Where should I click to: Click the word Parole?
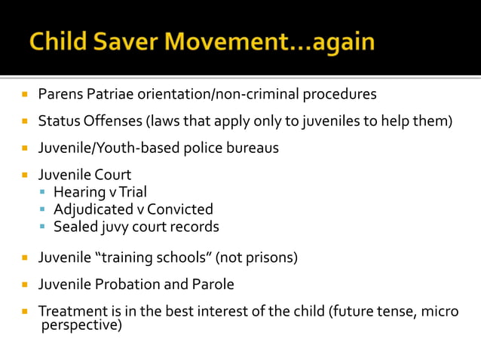coord(214,285)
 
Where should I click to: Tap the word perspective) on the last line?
coord(81,326)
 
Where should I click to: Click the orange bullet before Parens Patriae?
coord(24,95)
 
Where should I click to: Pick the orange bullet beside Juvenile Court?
coord(24,175)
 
